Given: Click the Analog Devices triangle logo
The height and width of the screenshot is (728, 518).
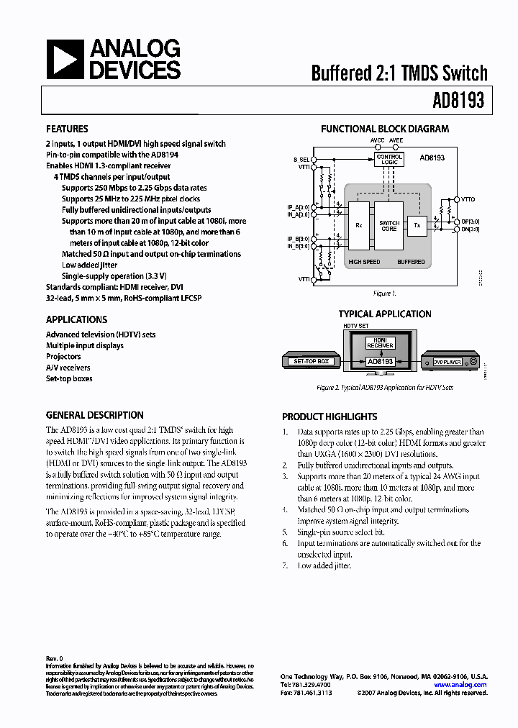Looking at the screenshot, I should pyautogui.click(x=65, y=60).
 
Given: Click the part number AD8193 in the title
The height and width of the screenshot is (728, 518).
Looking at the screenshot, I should pyautogui.click(x=458, y=101).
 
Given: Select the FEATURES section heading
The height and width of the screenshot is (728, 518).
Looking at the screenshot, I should pyautogui.click(x=67, y=129).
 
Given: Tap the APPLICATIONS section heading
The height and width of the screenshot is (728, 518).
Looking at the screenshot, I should pyautogui.click(x=76, y=319).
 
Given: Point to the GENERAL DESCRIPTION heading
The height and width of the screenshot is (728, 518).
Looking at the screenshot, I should pyautogui.click(x=94, y=415).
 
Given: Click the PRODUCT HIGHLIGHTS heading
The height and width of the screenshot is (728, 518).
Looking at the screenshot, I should pyautogui.click(x=330, y=417).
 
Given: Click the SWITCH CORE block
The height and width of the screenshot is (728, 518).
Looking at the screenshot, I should pyautogui.click(x=388, y=225).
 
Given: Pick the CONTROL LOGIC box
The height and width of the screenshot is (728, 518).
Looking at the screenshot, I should pyautogui.click(x=389, y=159).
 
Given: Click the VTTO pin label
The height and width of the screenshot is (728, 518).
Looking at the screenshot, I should pyautogui.click(x=468, y=198).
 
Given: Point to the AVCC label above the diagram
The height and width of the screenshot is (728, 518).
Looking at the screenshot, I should pyautogui.click(x=378, y=140).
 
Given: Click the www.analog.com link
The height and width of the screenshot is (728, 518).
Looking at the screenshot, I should pyautogui.click(x=460, y=685).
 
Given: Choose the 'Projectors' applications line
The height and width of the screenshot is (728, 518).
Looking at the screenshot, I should pyautogui.click(x=63, y=356).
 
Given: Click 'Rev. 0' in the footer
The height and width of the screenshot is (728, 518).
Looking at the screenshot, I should pyautogui.click(x=55, y=658).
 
